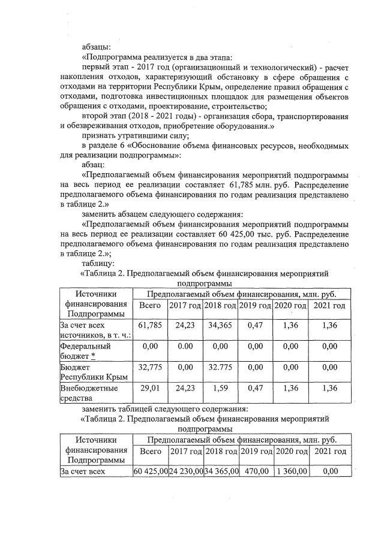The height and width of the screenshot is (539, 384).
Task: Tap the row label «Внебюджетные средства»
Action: [x=86, y=392]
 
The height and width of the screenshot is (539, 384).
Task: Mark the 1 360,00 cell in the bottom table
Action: [x=291, y=471]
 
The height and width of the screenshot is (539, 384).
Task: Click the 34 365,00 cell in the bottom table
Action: [x=221, y=471]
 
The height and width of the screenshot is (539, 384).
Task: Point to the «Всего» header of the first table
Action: [x=149, y=306]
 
